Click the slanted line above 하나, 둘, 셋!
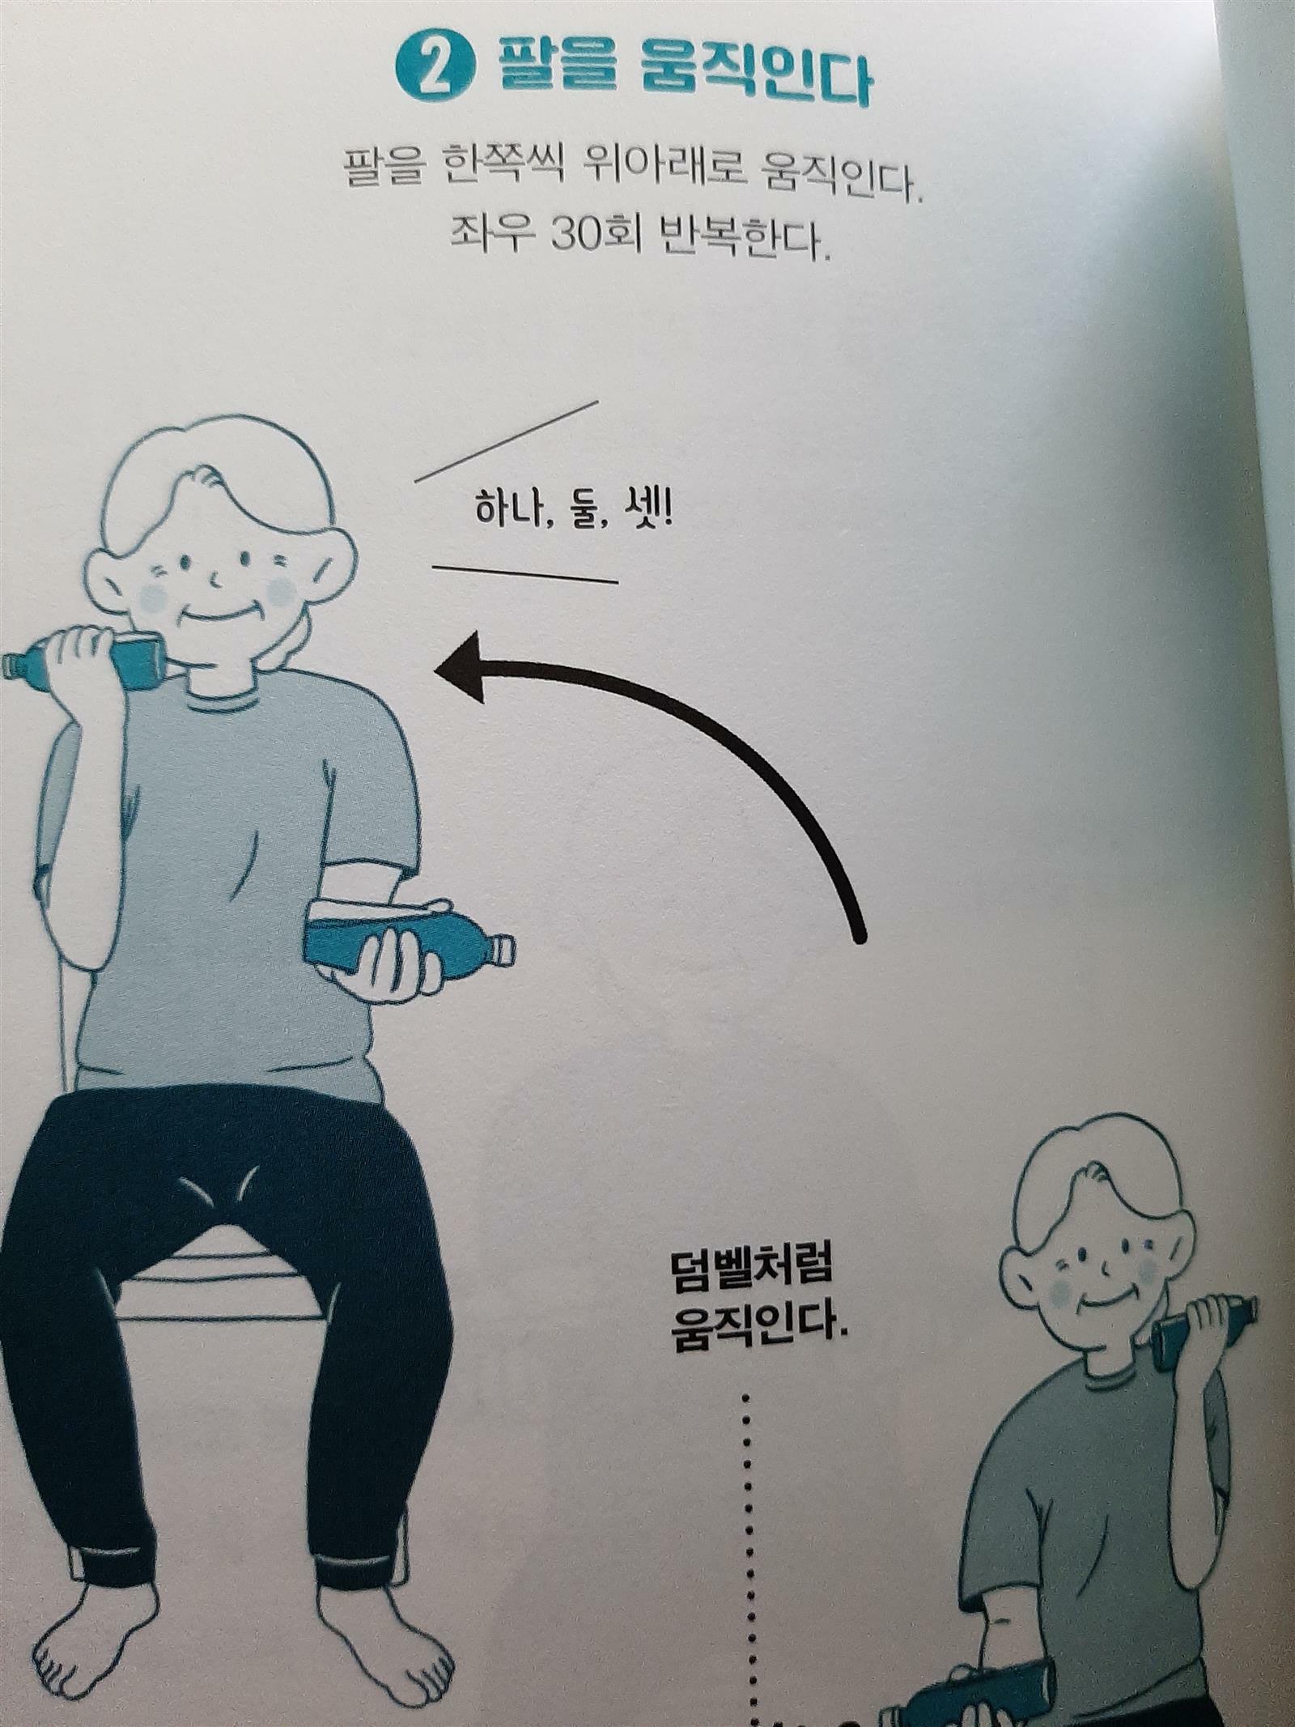click(507, 441)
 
